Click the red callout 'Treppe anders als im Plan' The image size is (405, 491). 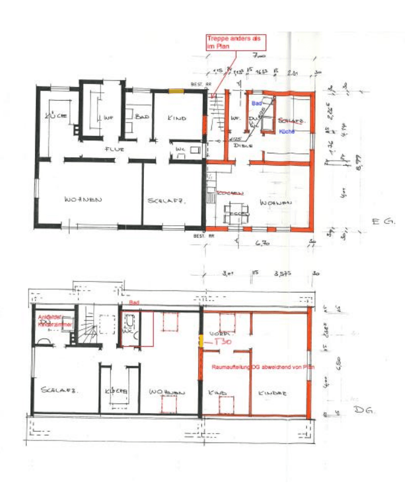point(233,42)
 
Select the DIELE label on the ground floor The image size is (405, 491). point(241,145)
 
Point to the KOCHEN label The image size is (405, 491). point(230,192)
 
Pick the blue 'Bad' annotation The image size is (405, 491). point(256,104)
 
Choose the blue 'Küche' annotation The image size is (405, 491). point(287,132)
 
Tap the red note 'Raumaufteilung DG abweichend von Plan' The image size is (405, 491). point(263,367)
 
